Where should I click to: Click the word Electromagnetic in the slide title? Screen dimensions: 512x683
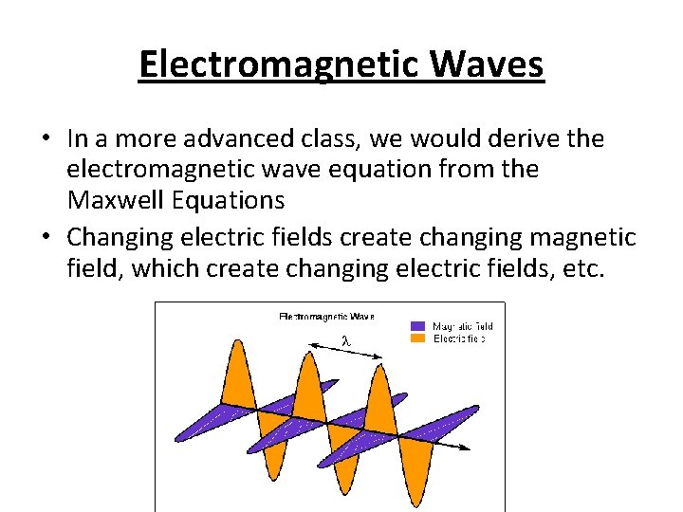(x=282, y=65)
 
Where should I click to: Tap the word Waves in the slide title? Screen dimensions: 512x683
(x=489, y=65)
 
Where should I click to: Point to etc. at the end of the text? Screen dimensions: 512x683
(x=581, y=268)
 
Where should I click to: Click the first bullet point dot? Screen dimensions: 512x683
(x=46, y=140)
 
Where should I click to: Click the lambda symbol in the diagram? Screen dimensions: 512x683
(x=346, y=340)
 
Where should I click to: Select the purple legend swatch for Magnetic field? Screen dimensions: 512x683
(x=417, y=326)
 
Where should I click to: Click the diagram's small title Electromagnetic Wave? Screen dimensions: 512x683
(x=326, y=316)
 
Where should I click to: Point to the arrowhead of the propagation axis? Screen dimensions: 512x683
(x=469, y=447)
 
